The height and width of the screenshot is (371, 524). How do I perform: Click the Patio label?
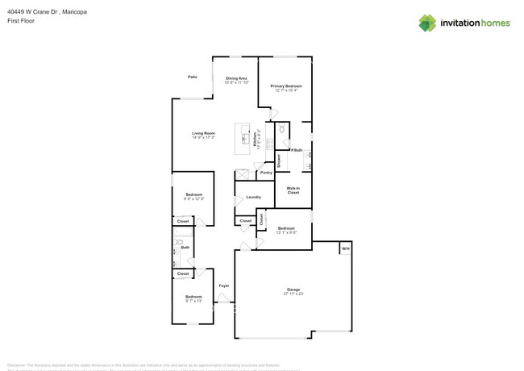(193, 77)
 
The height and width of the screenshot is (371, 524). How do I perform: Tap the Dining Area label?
(236, 78)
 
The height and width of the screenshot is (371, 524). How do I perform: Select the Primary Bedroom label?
(286, 85)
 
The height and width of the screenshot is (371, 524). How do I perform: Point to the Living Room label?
(203, 133)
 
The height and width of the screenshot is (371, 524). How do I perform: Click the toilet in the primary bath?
(282, 129)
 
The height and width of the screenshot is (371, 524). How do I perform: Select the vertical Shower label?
(279, 160)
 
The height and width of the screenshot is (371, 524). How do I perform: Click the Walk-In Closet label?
(293, 190)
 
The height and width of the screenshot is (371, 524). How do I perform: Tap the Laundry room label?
(253, 197)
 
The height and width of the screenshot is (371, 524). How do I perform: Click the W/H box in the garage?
(345, 248)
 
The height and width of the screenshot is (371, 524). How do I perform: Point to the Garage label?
(293, 290)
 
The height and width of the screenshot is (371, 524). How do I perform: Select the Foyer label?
(224, 286)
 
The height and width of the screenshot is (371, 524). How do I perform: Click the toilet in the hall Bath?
(181, 242)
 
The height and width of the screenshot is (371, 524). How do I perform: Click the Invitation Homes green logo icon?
(428, 23)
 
